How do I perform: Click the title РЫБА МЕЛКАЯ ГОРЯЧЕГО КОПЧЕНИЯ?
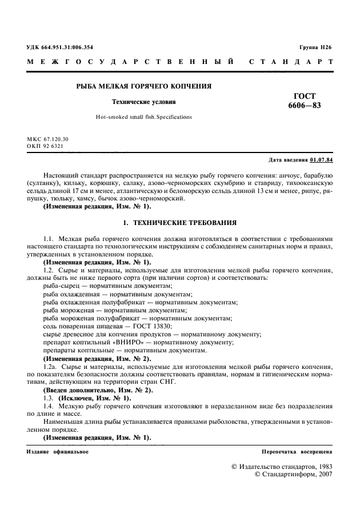(x=144, y=86)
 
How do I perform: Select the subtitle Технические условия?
(x=143, y=102)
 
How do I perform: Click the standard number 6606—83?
(x=304, y=106)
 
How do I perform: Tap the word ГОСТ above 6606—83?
(x=304, y=96)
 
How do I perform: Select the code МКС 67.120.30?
(x=47, y=139)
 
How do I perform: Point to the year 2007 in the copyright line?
(x=323, y=475)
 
